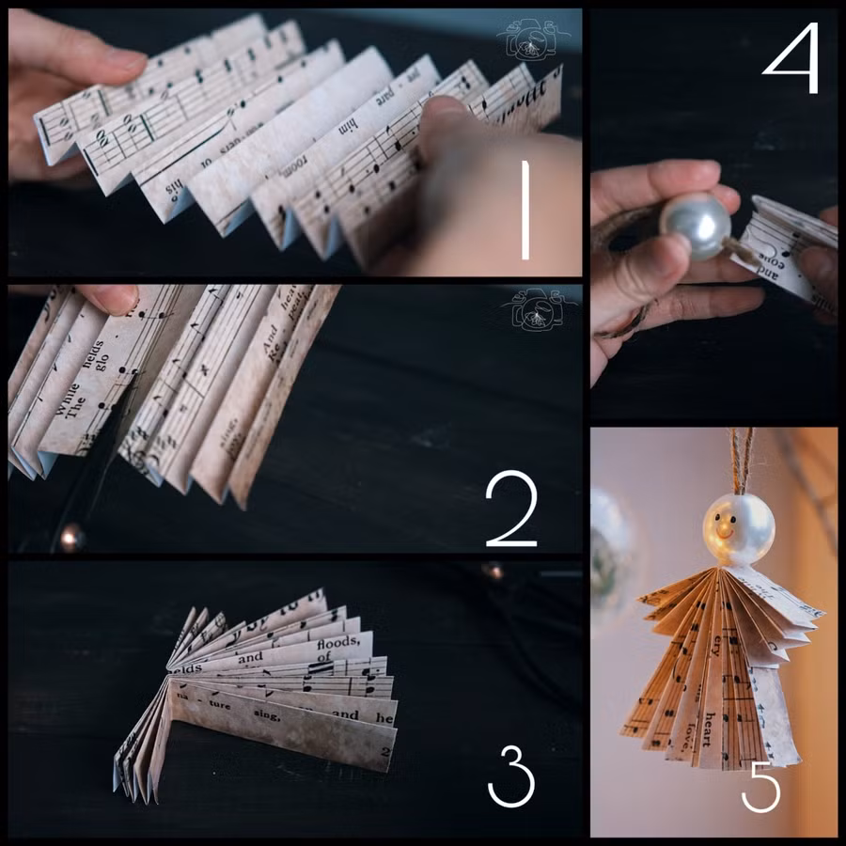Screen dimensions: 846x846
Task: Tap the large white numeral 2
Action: pyautogui.click(x=511, y=512)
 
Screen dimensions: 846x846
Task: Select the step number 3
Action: pyautogui.click(x=510, y=776)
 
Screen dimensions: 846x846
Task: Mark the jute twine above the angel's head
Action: pyautogui.click(x=742, y=461)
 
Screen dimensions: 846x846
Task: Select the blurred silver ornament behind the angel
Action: pyautogui.click(x=611, y=555)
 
